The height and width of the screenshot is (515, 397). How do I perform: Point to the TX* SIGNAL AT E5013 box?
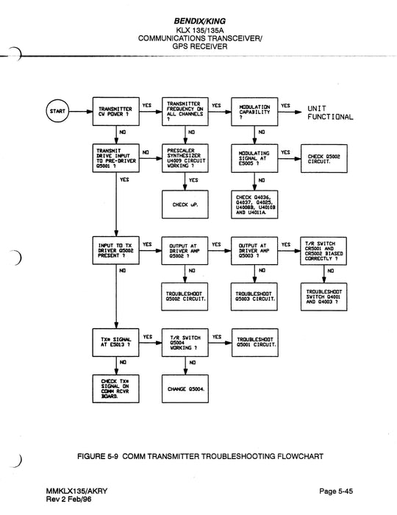coord(115,342)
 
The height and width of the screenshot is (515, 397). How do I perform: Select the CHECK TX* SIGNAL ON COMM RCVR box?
coord(115,388)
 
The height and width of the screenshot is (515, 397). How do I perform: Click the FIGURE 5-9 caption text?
coord(198,456)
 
